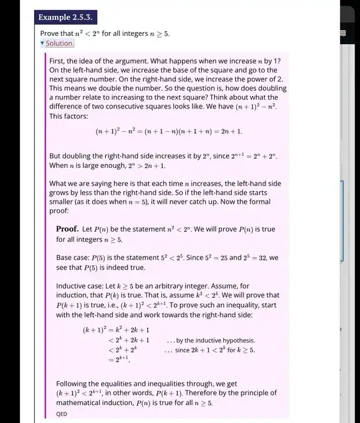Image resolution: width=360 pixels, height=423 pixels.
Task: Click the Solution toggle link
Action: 60,43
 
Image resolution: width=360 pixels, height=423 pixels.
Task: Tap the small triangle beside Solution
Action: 42,43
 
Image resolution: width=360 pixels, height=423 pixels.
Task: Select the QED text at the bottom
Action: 62,413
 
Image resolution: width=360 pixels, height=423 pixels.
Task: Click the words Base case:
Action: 73,256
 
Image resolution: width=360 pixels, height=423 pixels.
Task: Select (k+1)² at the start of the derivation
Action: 95,329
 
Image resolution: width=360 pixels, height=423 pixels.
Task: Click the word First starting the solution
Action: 59,60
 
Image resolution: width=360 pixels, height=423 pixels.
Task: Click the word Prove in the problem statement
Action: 51,32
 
